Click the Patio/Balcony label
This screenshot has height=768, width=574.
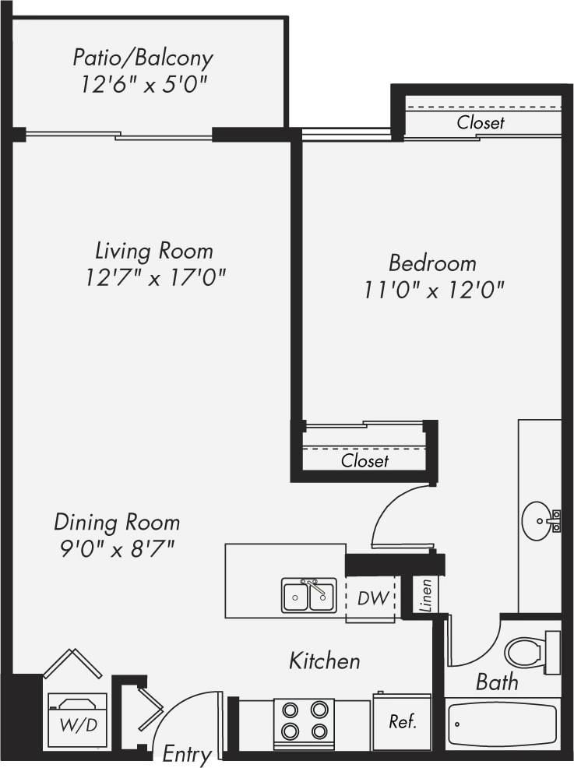[x=143, y=58]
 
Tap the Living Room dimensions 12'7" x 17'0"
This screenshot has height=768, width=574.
[x=156, y=277]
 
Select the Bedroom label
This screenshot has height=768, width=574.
[x=432, y=262]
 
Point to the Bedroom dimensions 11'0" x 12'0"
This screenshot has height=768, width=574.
[x=434, y=290]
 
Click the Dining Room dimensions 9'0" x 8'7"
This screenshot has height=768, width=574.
[x=116, y=548]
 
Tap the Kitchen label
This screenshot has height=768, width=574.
[x=325, y=661]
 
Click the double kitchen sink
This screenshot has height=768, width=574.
[x=309, y=596]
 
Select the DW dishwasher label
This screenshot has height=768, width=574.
[x=369, y=598]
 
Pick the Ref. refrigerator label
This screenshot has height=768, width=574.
[x=403, y=721]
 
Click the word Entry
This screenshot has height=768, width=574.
[x=187, y=754]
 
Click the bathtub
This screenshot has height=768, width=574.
[x=503, y=724]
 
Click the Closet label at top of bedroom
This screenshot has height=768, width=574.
[x=481, y=122]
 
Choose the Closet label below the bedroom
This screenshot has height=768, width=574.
[x=364, y=460]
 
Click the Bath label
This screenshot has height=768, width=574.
[x=497, y=682]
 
